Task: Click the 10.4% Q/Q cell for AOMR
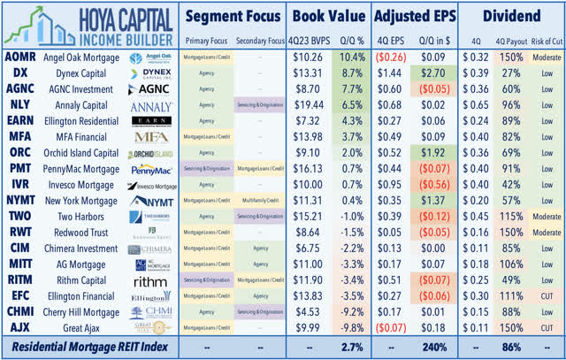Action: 349,58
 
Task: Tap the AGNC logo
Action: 151,90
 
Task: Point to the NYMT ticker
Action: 20,201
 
